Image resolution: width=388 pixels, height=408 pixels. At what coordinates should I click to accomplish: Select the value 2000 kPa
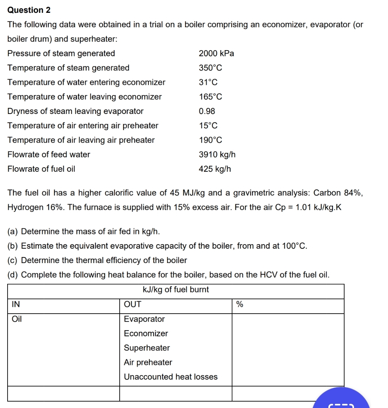click(x=216, y=54)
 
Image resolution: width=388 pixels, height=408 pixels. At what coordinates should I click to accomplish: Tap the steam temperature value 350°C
click(x=210, y=68)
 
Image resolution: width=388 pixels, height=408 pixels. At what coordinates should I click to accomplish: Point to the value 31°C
click(x=208, y=83)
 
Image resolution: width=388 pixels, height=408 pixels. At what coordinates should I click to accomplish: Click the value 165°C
click(x=210, y=97)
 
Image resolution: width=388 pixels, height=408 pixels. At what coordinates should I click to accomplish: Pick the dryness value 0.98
click(x=207, y=111)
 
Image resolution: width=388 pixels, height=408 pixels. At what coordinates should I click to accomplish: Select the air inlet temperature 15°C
click(x=208, y=126)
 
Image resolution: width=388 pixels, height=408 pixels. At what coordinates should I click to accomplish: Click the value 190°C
click(x=210, y=140)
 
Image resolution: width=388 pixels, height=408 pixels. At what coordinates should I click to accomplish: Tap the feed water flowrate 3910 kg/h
click(x=217, y=155)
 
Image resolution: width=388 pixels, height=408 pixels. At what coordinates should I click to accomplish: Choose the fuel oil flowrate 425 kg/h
click(x=215, y=169)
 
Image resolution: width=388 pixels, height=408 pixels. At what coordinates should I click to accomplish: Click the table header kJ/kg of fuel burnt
click(x=176, y=290)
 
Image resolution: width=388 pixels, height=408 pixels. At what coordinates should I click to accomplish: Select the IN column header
click(x=15, y=305)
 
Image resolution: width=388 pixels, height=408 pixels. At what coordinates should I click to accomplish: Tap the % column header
click(x=239, y=305)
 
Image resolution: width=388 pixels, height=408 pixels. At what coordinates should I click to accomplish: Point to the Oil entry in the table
click(x=17, y=319)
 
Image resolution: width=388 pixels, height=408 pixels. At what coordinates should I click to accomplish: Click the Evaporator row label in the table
click(x=144, y=319)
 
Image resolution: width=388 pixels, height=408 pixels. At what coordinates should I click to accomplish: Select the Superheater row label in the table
click(x=147, y=348)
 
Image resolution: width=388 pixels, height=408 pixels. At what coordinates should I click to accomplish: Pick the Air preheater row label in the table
click(x=148, y=362)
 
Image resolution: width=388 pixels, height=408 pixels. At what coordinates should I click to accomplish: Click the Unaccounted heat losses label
click(x=171, y=377)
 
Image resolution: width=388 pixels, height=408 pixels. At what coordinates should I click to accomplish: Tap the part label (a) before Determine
click(x=13, y=231)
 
